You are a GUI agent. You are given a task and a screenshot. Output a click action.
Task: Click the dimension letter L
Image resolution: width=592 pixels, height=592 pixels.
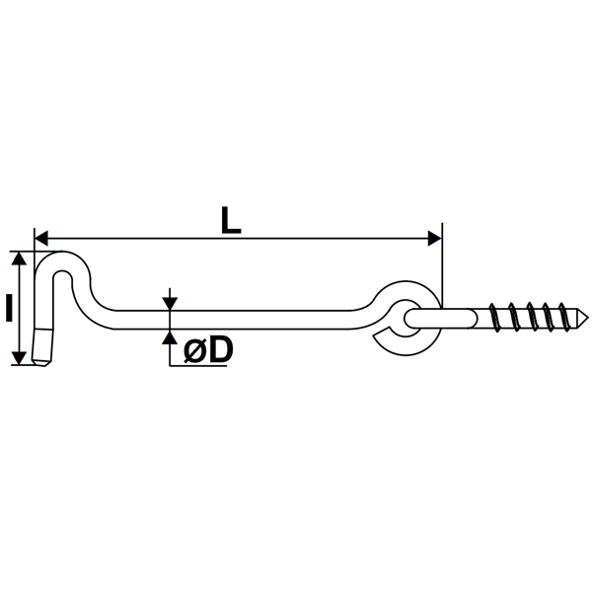pyautogui.click(x=230, y=218)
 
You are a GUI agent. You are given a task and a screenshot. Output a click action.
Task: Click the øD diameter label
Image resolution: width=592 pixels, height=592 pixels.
pyautogui.click(x=207, y=348)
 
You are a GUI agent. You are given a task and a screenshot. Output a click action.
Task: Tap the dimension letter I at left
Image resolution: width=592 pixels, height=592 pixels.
pyautogui.click(x=8, y=309)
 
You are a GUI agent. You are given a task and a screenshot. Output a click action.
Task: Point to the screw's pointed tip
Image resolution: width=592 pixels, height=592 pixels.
pyautogui.click(x=585, y=317)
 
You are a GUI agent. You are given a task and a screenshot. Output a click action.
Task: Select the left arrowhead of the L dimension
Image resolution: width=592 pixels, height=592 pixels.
pyautogui.click(x=41, y=238)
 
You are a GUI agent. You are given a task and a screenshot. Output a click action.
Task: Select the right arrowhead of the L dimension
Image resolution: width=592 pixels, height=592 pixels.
pyautogui.click(x=435, y=238)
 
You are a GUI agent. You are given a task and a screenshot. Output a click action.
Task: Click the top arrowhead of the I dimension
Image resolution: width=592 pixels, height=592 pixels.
pyautogui.click(x=19, y=258)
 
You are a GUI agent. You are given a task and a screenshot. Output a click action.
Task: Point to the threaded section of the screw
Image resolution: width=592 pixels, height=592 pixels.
pyautogui.click(x=533, y=317)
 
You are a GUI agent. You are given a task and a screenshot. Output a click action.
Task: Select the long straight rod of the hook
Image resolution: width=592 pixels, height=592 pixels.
pyautogui.click(x=247, y=318)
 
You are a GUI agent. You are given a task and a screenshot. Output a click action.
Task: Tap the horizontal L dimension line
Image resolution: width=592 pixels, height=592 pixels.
pyautogui.click(x=296, y=238)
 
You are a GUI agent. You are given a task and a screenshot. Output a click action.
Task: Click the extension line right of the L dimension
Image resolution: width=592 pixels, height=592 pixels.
pyautogui.click(x=443, y=266)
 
